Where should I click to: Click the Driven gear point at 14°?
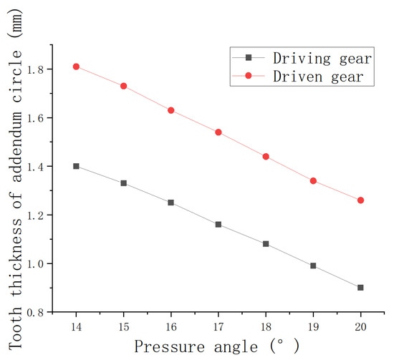pos(76,67)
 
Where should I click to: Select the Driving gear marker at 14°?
pos(76,166)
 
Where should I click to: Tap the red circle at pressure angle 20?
pos(360,200)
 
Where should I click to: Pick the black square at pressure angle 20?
pos(360,288)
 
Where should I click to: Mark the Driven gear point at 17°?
pos(218,132)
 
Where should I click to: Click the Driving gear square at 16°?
pos(170,203)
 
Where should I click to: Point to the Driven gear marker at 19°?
pos(313,181)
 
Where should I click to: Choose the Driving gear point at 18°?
pos(266,244)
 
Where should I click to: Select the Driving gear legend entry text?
pos(325,57)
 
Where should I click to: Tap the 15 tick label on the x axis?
pos(123,326)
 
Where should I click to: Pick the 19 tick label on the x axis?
pos(313,326)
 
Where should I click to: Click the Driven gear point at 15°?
pos(123,86)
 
